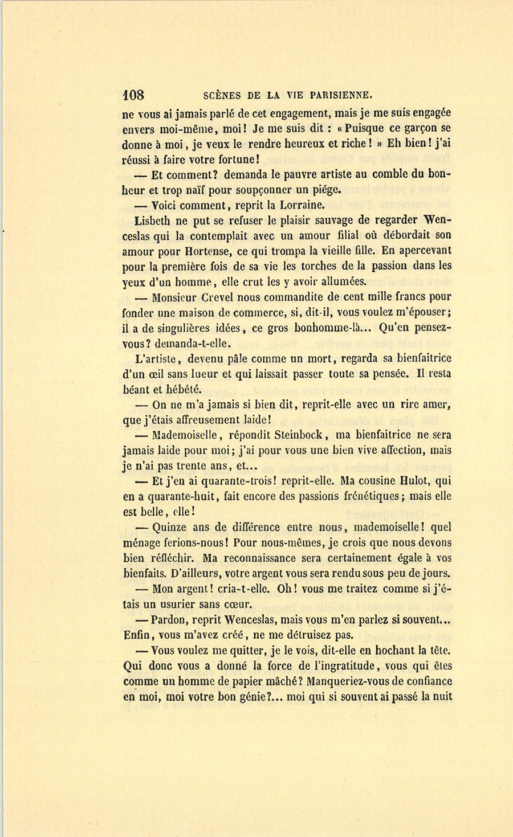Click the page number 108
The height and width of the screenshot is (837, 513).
[x=133, y=95]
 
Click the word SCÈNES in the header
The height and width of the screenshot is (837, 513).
[x=222, y=96]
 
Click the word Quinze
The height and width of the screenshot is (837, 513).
[x=170, y=527]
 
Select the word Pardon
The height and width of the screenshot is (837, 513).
[x=170, y=620]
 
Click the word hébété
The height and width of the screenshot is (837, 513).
[x=184, y=390]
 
